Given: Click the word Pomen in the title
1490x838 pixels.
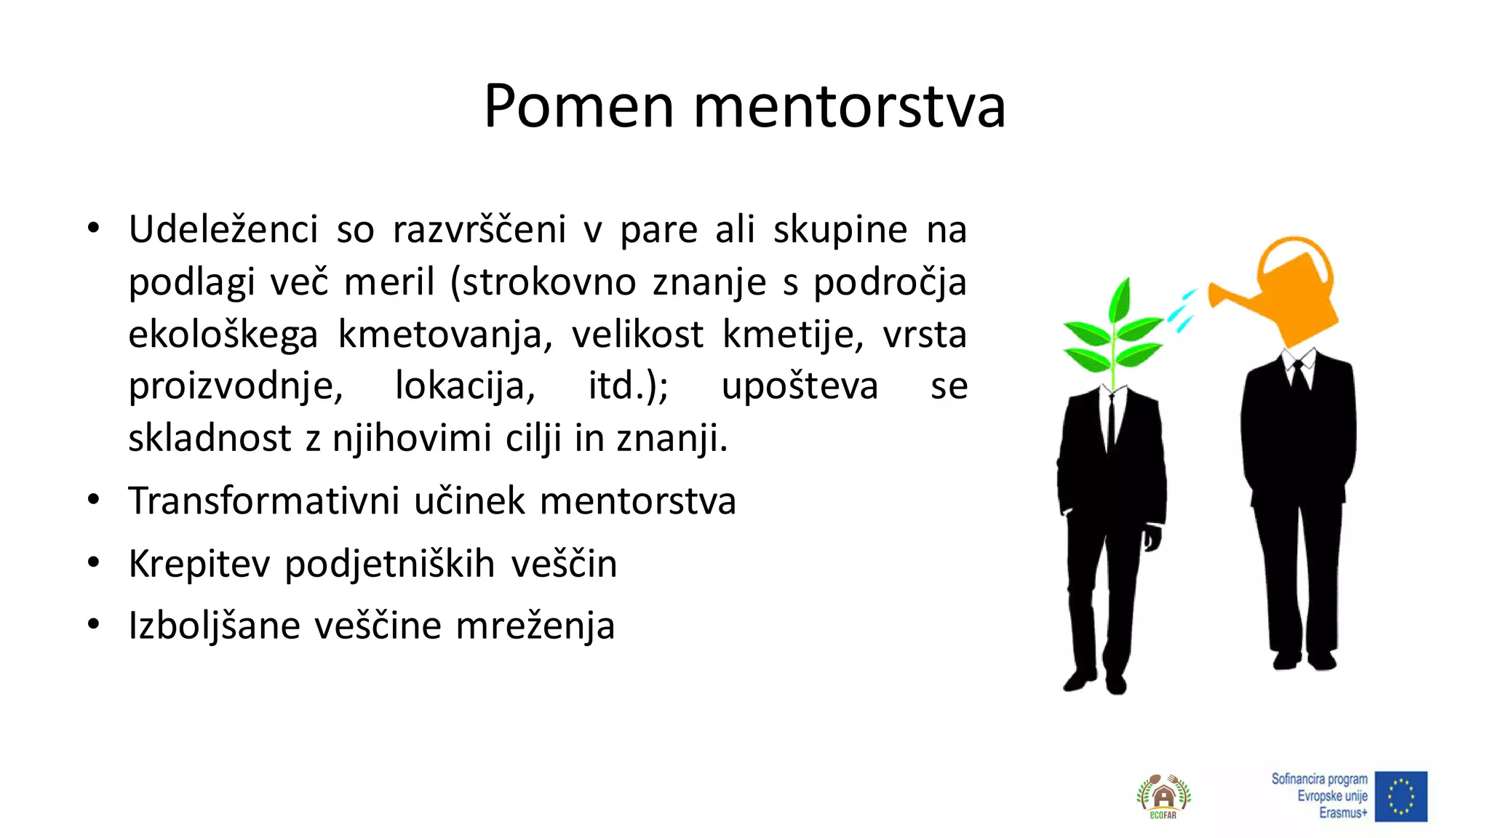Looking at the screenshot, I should click(578, 107).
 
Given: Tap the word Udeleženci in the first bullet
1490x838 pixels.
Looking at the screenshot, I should click(223, 230).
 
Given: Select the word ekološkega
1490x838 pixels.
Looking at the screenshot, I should click(223, 335).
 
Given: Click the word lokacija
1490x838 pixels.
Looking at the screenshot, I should click(465, 386).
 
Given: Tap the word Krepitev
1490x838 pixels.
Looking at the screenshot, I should click(199, 564).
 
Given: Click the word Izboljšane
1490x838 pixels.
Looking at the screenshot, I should click(214, 626).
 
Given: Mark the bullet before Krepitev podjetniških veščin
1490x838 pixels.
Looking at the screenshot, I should click(93, 563).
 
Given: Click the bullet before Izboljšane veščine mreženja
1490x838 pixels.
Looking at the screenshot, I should click(93, 625).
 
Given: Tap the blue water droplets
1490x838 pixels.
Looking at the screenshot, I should click(1183, 311).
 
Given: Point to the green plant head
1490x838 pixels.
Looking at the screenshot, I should click(1112, 335).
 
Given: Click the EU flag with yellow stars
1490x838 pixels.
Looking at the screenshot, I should click(1401, 797).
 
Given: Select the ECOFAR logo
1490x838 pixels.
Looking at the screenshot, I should click(1163, 797).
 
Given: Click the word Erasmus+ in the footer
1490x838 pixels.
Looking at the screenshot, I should click(1343, 813).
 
